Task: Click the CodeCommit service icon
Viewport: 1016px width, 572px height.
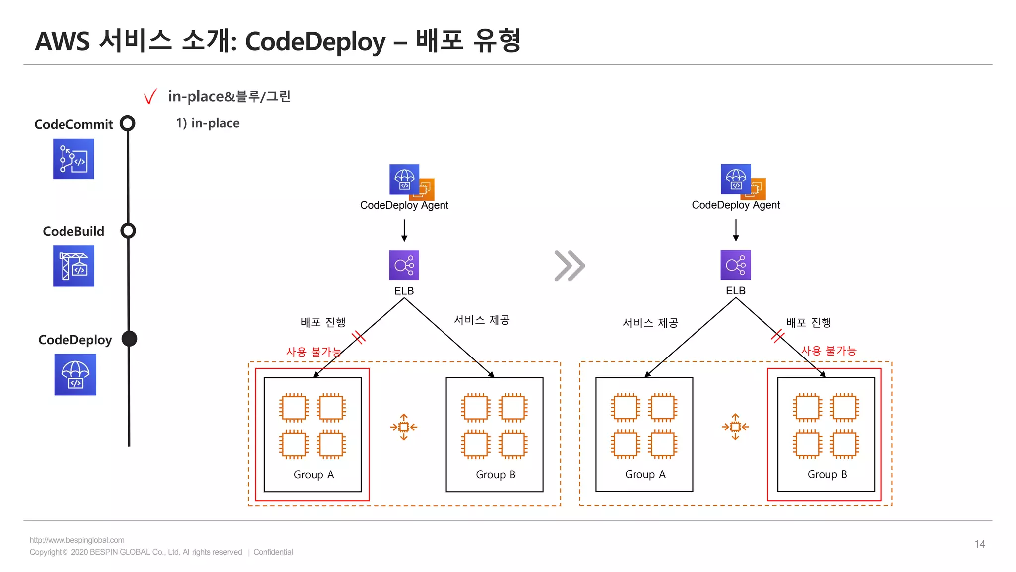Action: click(73, 159)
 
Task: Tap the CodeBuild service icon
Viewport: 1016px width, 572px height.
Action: click(73, 266)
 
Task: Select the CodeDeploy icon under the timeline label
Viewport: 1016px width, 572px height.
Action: click(75, 374)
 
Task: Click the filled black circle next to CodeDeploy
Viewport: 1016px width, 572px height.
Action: click(129, 339)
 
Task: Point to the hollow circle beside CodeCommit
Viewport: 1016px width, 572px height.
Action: click(128, 123)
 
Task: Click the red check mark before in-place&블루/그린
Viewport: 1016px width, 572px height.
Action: click(150, 96)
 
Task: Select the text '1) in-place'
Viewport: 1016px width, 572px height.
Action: click(207, 123)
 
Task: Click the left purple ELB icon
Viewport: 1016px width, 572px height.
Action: click(404, 265)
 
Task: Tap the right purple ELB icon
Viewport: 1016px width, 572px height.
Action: click(735, 265)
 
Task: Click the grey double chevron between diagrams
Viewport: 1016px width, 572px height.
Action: click(570, 266)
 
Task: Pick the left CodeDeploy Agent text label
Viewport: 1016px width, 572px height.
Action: click(404, 205)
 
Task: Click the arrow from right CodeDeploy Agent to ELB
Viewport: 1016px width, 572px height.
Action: click(736, 231)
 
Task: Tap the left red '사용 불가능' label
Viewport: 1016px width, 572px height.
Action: click(314, 352)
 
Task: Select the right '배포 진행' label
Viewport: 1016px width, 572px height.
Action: click(809, 323)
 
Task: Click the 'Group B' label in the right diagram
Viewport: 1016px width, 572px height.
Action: click(827, 474)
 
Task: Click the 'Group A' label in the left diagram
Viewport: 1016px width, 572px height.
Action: click(314, 475)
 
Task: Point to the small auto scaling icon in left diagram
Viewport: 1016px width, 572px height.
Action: click(404, 427)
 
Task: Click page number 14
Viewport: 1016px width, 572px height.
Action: click(979, 544)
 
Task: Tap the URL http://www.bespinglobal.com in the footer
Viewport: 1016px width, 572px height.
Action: click(77, 540)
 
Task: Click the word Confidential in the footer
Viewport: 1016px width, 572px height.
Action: click(273, 552)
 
